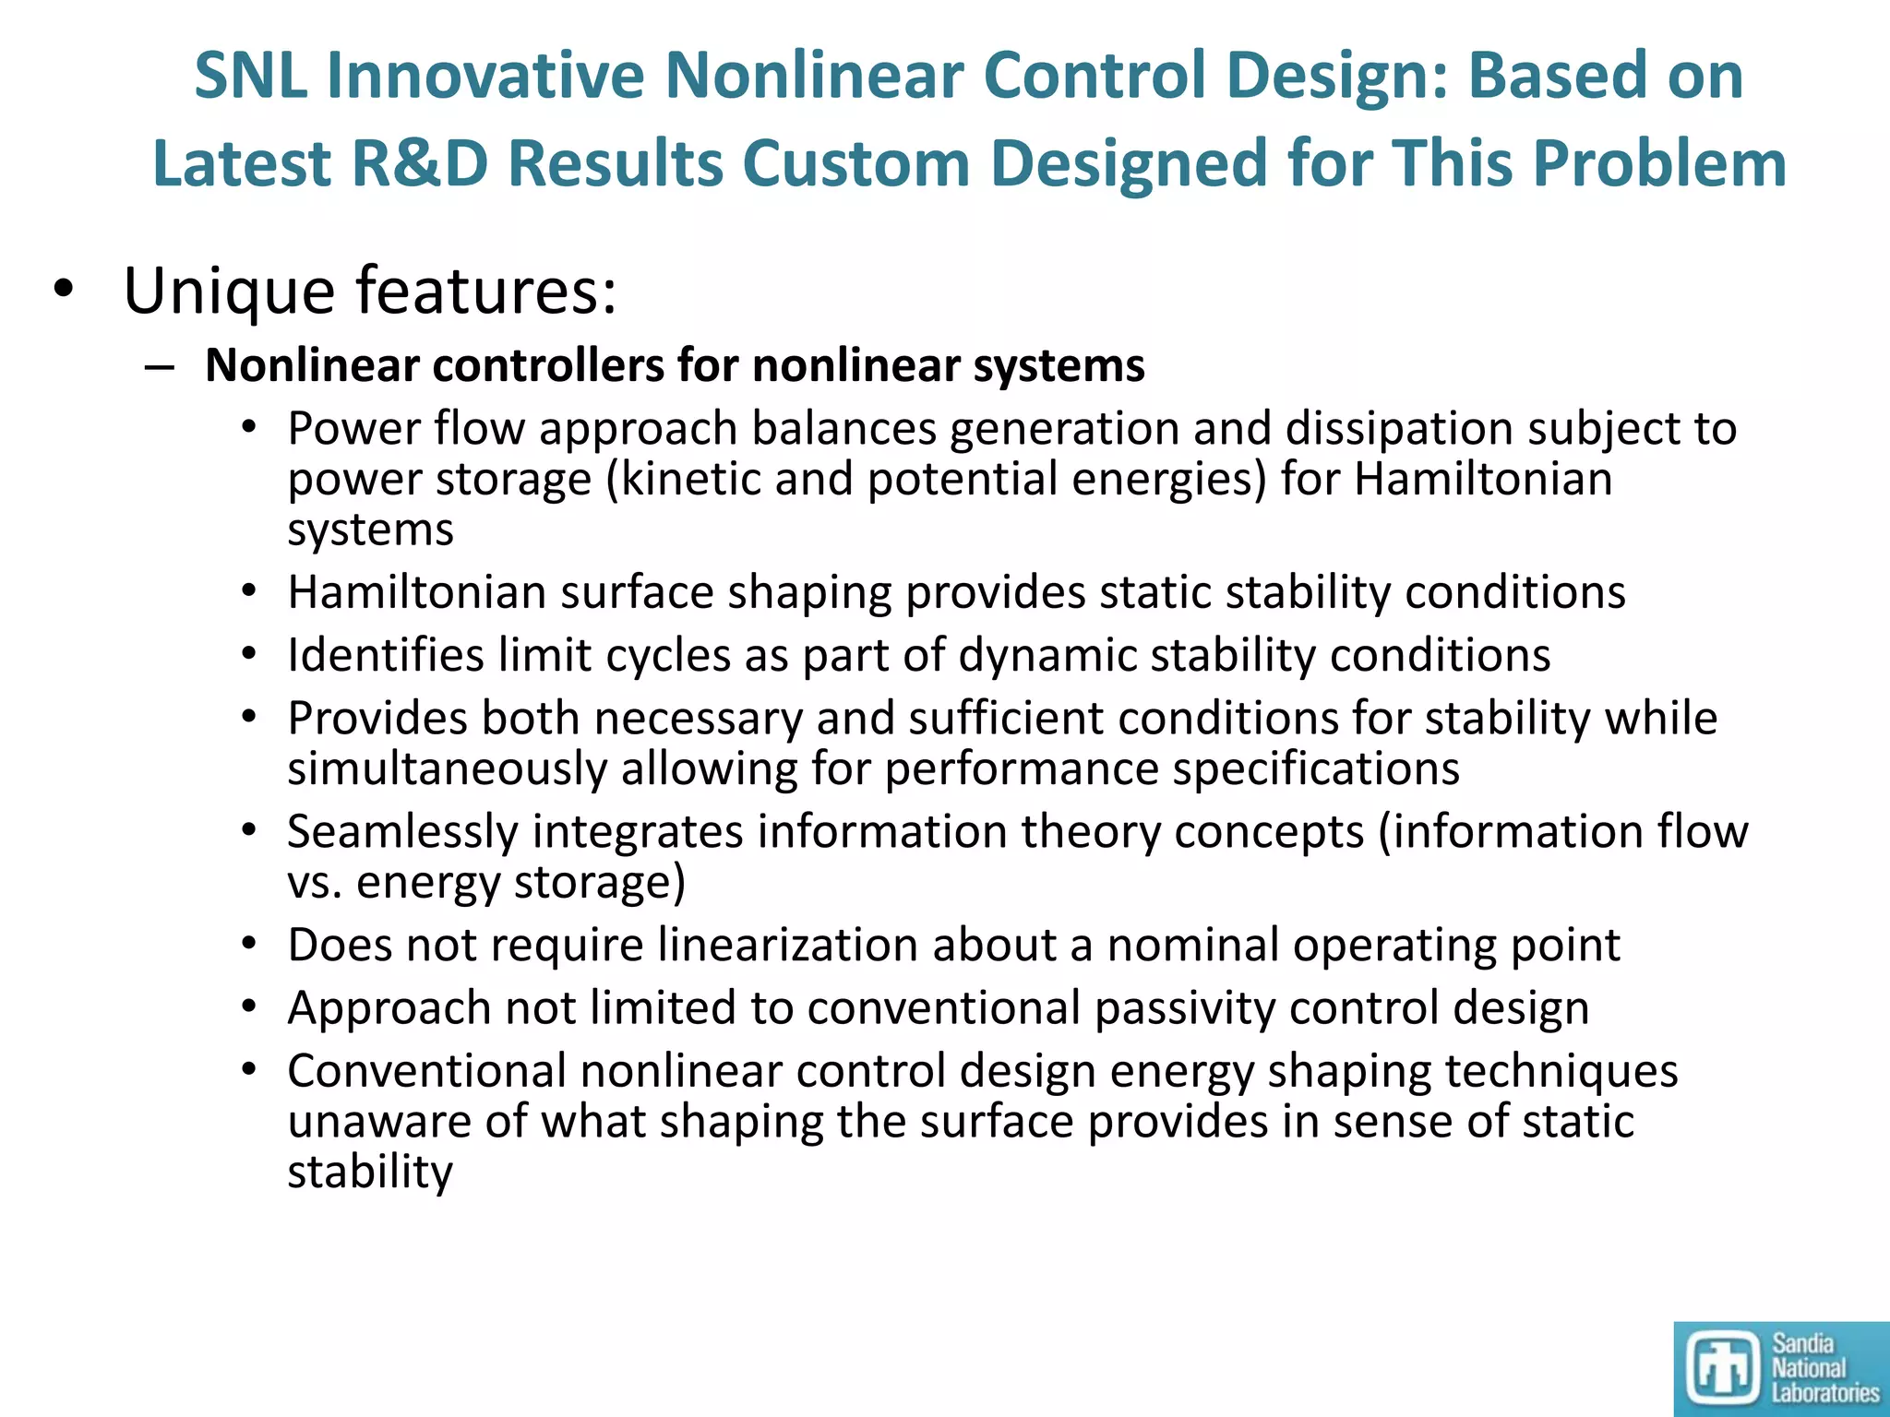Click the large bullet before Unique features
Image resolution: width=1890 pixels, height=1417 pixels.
coord(62,290)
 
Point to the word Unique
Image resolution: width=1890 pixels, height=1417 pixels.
coord(229,292)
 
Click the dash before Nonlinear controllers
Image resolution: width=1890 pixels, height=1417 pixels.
coord(159,367)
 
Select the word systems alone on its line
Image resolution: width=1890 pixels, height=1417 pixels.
coord(370,530)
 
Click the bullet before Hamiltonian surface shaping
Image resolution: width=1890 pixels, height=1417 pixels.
coord(248,592)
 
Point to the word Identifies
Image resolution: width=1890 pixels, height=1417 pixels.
coord(386,656)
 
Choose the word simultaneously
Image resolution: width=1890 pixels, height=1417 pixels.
coord(447,769)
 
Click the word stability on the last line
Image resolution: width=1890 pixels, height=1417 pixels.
coord(370,1173)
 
